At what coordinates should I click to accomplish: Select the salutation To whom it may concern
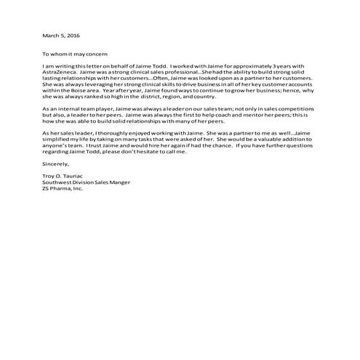point(74,53)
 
